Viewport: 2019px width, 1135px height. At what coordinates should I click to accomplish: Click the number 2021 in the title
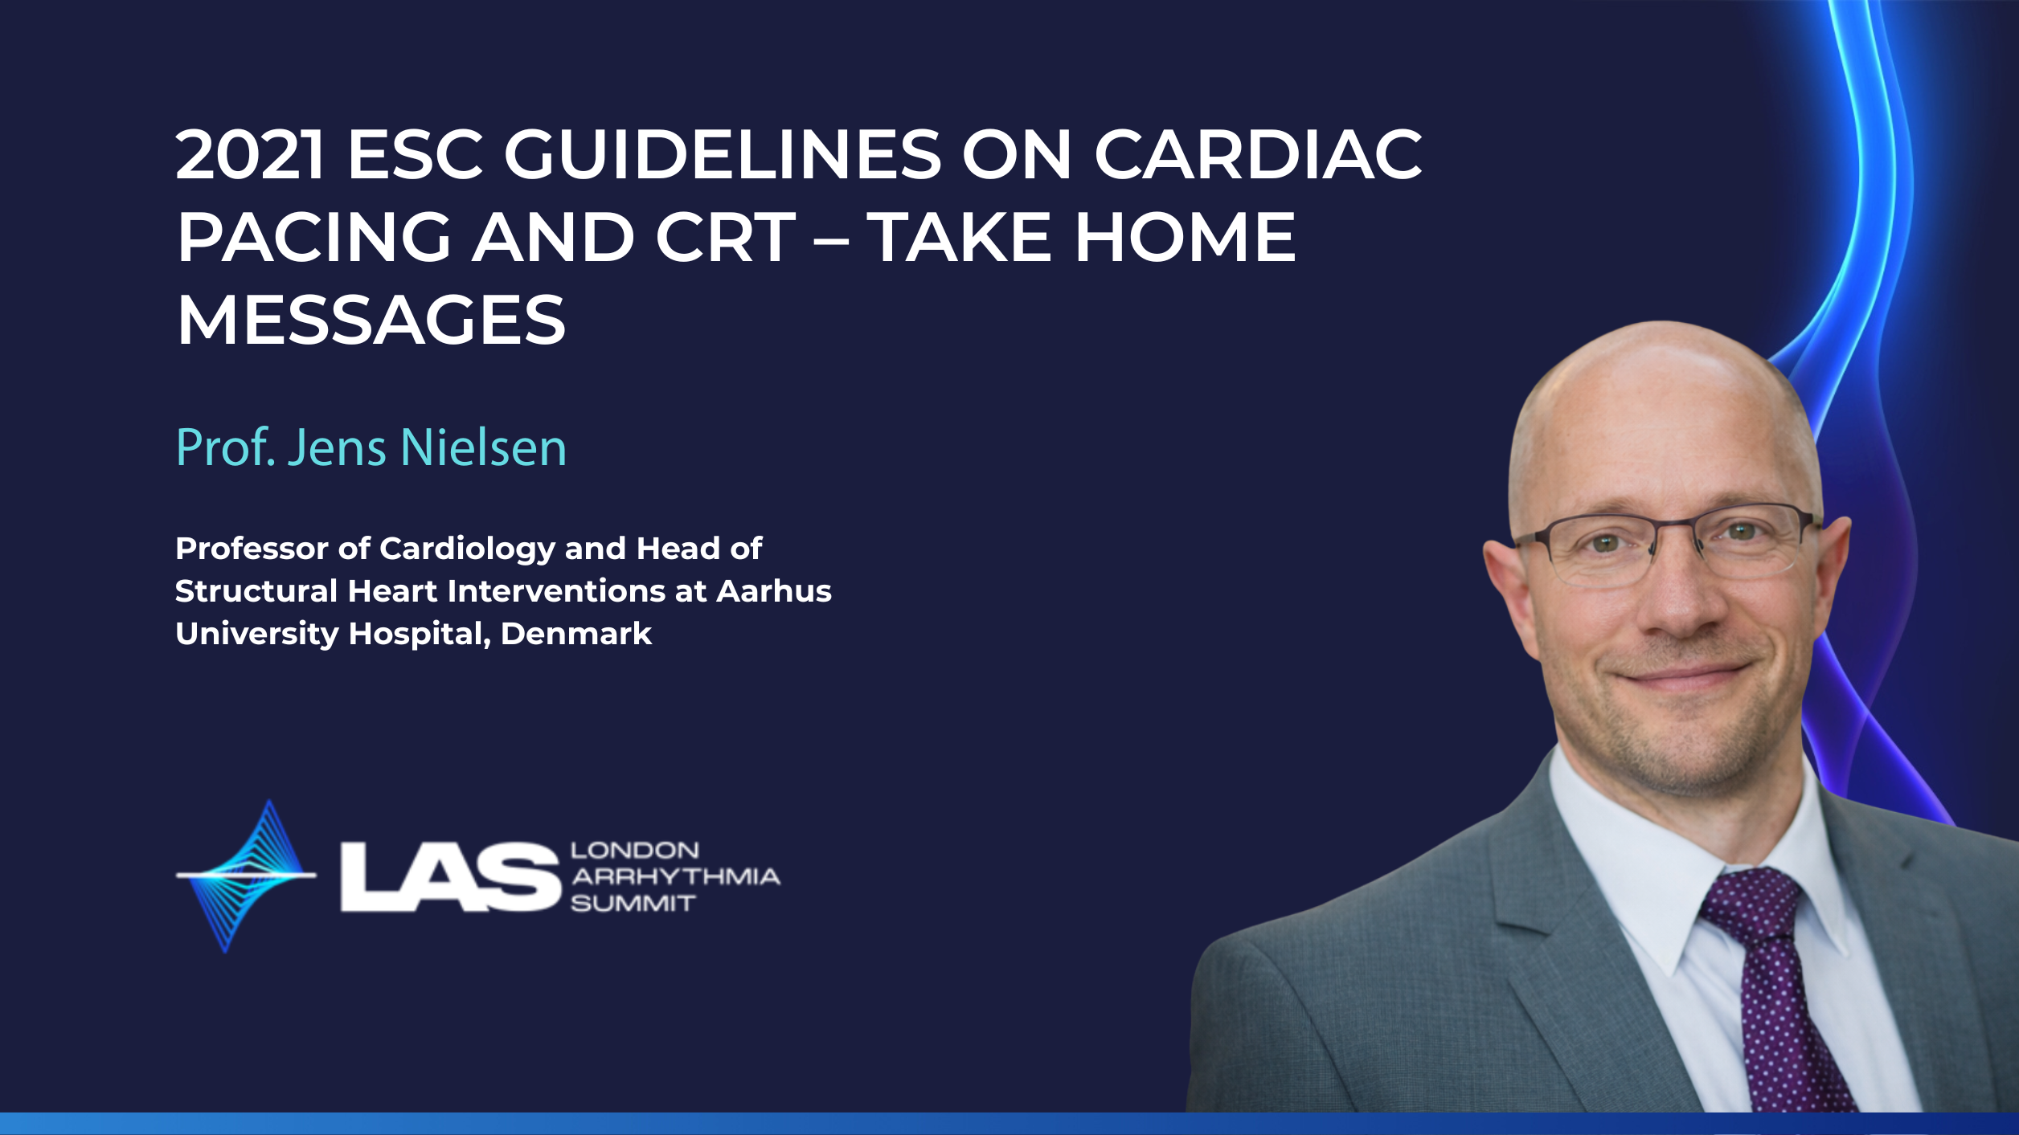pos(250,153)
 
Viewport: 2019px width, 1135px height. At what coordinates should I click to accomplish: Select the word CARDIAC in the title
pos(1258,153)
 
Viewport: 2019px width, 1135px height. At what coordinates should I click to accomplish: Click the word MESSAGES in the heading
pos(371,320)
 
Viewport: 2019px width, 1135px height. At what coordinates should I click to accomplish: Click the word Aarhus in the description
pos(774,591)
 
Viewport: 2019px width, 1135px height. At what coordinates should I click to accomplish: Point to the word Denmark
pos(576,634)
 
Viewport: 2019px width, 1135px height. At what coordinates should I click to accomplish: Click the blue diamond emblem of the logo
pos(246,876)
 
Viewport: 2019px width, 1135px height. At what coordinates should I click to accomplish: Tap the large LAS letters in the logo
pos(450,877)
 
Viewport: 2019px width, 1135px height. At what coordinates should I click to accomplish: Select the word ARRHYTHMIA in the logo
pos(675,876)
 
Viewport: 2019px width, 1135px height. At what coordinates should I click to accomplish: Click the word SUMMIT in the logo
pos(633,904)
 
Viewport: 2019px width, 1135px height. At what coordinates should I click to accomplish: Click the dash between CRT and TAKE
pos(831,239)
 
